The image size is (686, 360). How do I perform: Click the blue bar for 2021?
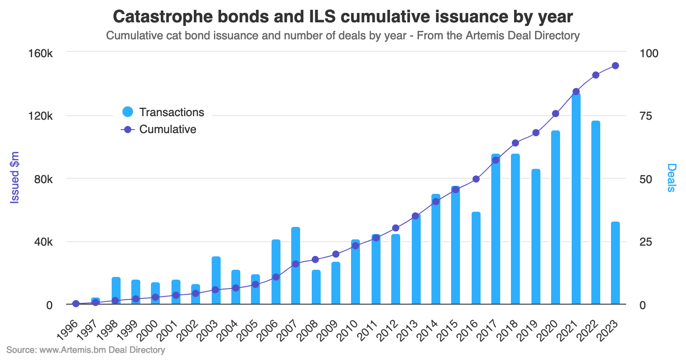click(x=576, y=201)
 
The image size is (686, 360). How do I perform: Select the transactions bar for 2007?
click(x=295, y=268)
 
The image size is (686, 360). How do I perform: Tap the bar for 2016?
click(x=476, y=259)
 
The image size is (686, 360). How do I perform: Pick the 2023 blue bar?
click(x=615, y=264)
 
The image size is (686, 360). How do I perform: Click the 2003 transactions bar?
click(x=216, y=281)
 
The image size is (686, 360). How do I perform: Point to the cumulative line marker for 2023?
click(x=615, y=66)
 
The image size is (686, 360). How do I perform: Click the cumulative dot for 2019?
click(x=536, y=133)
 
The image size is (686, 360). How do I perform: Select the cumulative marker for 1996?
click(x=76, y=304)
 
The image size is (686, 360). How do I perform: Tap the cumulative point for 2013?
click(x=415, y=216)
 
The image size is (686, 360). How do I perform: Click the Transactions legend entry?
click(x=171, y=112)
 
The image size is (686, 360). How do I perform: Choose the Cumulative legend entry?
click(x=167, y=130)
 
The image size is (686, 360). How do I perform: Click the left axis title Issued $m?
click(x=15, y=177)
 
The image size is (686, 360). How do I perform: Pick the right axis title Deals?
click(x=671, y=177)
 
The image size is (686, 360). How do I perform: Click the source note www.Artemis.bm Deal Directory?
click(x=102, y=350)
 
